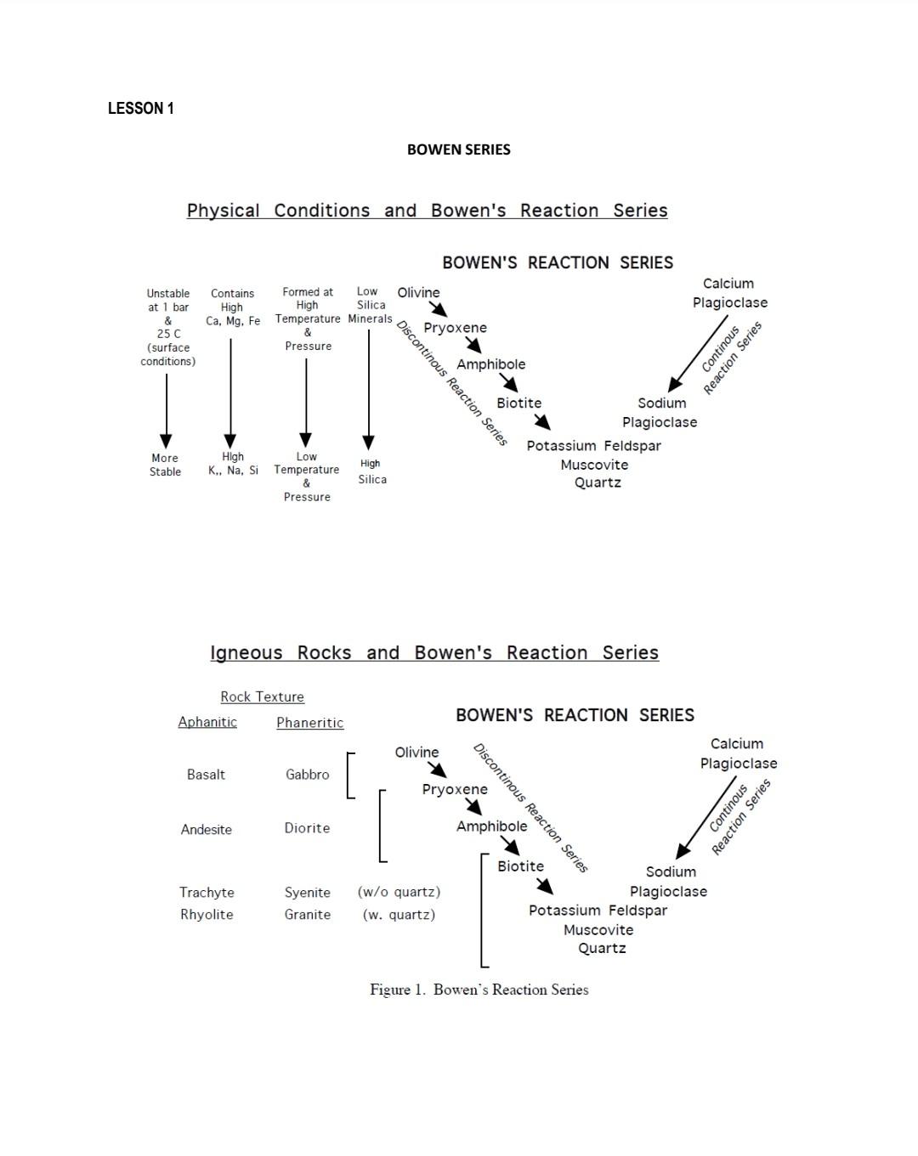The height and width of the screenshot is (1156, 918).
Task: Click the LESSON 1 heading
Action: tap(141, 108)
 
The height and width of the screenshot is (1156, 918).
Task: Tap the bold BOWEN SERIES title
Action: tap(458, 149)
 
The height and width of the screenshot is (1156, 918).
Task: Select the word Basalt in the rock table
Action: tap(206, 775)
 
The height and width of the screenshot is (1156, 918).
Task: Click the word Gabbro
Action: tap(307, 775)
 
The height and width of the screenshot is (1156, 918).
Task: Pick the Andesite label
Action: tap(206, 830)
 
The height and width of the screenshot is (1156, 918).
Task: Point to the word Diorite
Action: tap(307, 828)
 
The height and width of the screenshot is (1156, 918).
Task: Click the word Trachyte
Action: tap(207, 893)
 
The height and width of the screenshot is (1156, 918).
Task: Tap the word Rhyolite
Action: tap(207, 915)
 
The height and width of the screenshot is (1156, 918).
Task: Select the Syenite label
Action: tap(307, 893)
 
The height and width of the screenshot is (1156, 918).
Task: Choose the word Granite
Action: tap(307, 915)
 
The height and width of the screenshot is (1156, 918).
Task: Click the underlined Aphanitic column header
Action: tap(207, 722)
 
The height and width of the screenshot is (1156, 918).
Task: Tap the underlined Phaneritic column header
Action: tap(309, 723)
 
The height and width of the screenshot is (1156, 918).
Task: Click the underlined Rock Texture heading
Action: tap(262, 697)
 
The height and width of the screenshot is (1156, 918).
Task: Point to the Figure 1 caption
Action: tap(479, 990)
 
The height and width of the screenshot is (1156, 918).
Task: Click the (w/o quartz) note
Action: tap(399, 892)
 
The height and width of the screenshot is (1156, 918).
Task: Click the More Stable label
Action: tap(165, 465)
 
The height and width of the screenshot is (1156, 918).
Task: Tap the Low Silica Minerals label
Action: tap(371, 305)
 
